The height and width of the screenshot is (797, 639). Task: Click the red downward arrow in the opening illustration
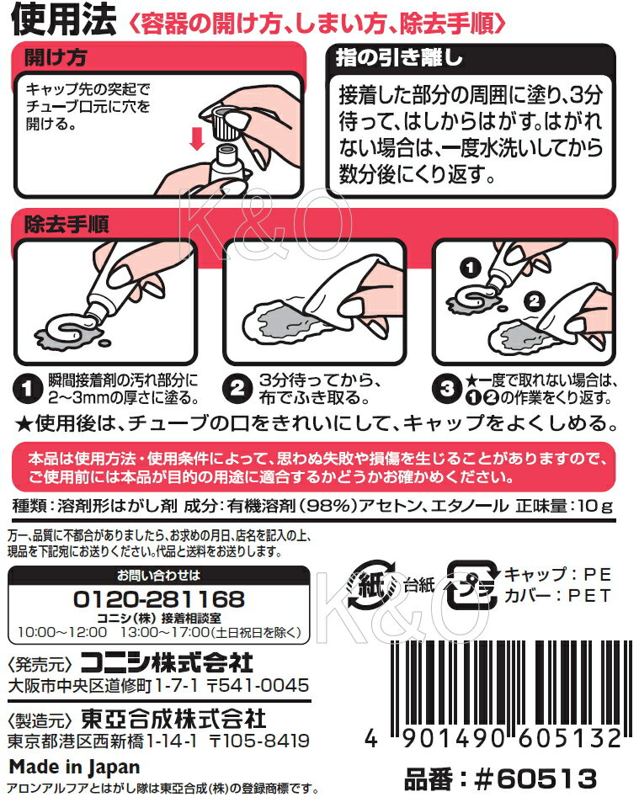coord(197,138)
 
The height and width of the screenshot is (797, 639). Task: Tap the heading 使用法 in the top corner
coord(63,21)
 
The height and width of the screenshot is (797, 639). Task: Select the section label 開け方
coord(56,57)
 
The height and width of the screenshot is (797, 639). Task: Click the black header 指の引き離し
coord(399,57)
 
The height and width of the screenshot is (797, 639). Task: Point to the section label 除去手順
coord(67,224)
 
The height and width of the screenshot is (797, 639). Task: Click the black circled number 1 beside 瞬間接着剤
coord(27,388)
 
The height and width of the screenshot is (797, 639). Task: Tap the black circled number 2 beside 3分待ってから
coord(237,388)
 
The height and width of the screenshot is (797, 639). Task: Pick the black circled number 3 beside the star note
coord(446,388)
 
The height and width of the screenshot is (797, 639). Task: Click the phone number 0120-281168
coord(159,599)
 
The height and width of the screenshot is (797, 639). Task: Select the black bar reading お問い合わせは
coord(159,576)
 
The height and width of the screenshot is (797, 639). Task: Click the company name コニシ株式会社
coord(168,663)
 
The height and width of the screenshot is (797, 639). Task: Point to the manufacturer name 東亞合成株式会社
coord(173,719)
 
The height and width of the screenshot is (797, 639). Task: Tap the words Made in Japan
coord(75,767)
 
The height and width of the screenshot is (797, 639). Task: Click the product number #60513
coord(535,778)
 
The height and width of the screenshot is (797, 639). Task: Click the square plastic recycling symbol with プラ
coord(472,585)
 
